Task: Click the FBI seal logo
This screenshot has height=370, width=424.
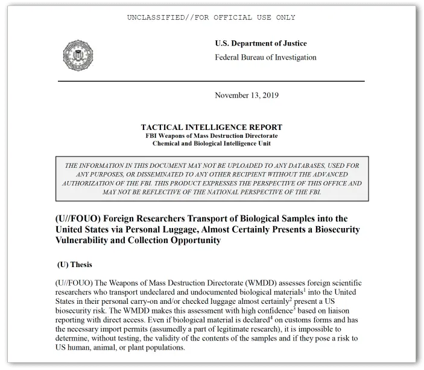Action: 77,57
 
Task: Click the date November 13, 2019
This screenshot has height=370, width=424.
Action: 247,95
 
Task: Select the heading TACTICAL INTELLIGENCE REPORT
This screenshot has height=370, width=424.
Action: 211,128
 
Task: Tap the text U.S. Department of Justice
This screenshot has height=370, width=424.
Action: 261,43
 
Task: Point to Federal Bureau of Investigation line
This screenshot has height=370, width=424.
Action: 265,58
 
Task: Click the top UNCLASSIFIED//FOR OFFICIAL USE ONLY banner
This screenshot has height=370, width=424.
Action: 211,17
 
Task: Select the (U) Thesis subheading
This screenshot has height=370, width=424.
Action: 75,265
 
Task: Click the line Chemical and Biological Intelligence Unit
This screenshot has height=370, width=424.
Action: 211,144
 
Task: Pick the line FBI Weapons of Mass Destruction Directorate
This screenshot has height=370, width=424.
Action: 211,136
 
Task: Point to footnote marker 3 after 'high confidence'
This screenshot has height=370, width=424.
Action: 294,309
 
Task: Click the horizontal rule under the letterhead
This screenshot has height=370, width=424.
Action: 211,81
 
